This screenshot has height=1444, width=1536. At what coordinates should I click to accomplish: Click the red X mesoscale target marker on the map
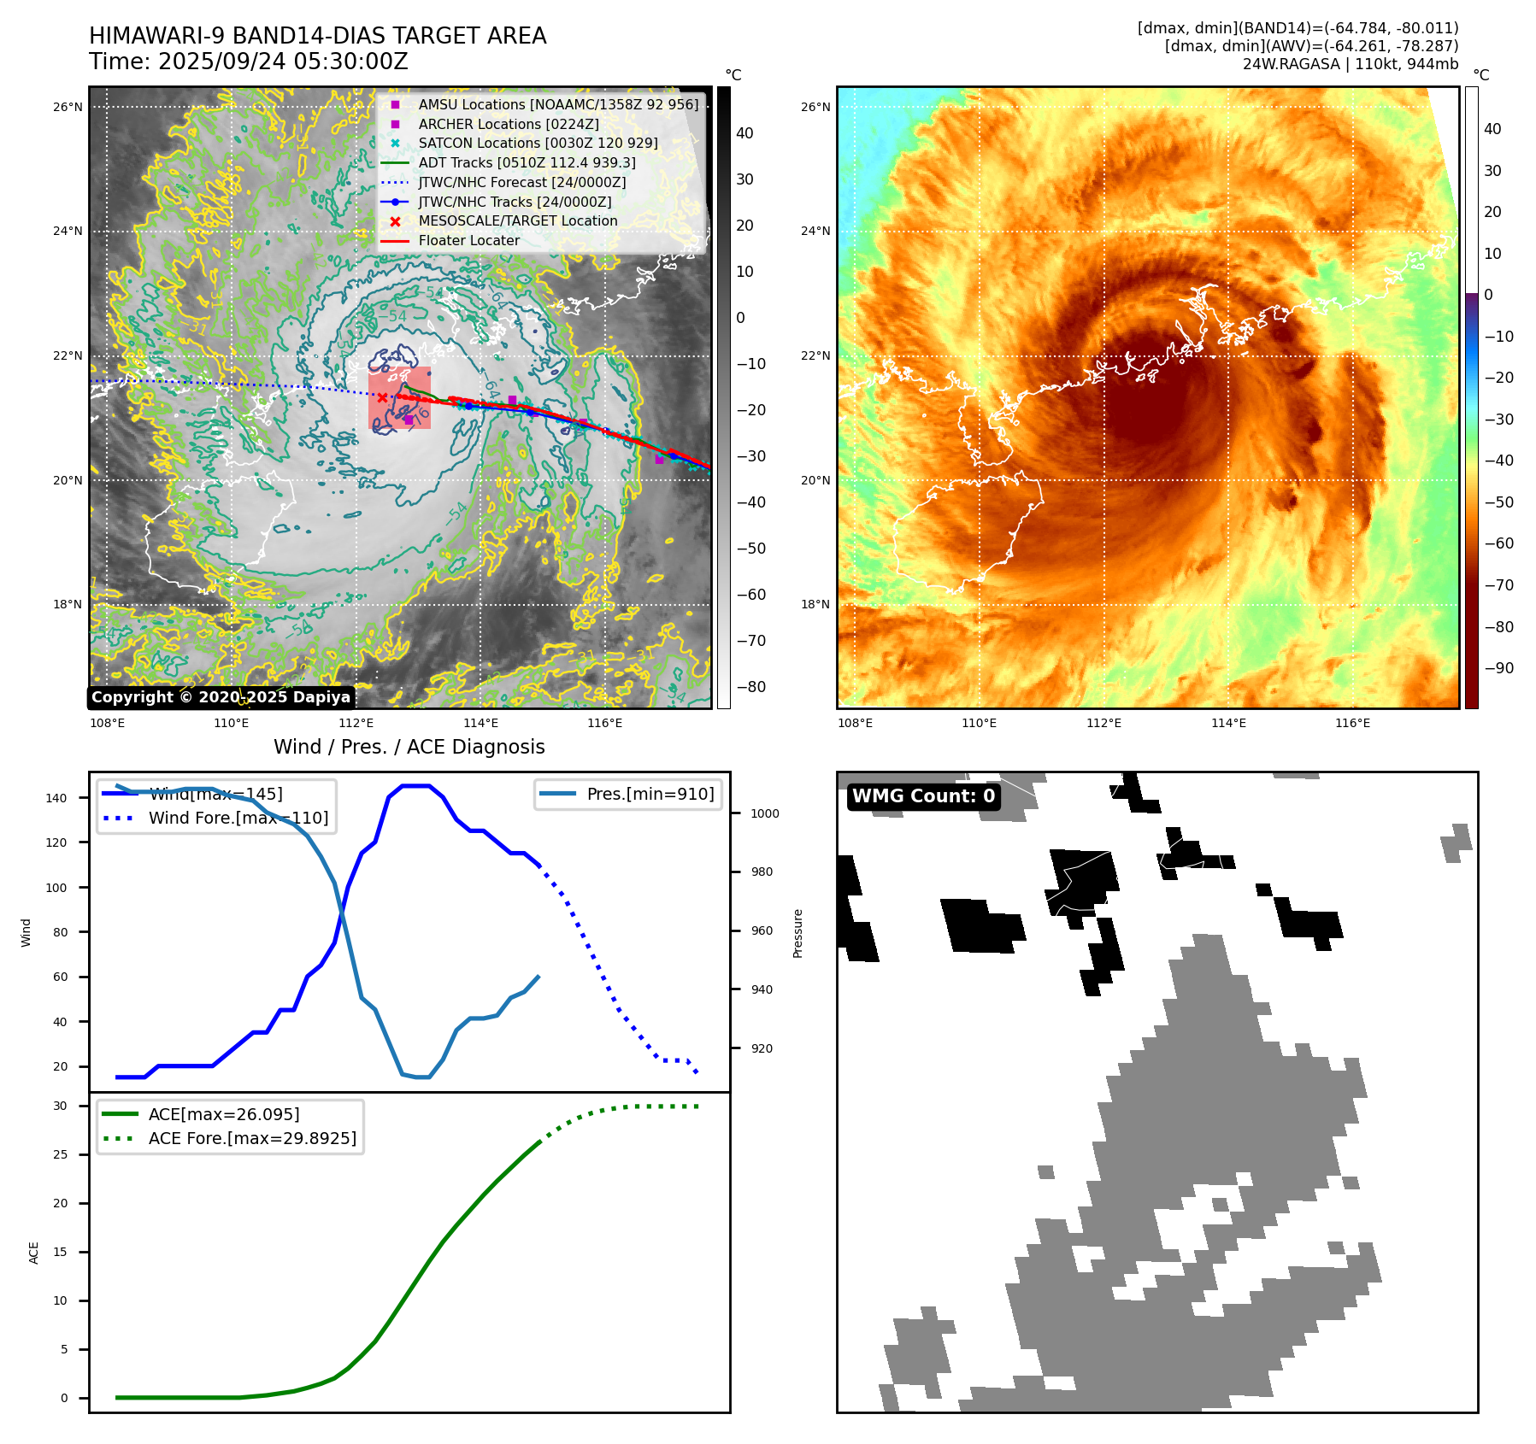382,397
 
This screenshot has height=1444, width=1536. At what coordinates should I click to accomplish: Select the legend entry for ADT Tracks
527,162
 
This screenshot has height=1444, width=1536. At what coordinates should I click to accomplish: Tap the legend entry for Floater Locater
468,240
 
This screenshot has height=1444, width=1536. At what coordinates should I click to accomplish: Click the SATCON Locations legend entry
538,143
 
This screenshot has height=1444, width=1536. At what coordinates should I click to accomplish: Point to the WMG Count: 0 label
923,796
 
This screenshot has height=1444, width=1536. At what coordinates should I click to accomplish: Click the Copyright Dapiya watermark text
221,697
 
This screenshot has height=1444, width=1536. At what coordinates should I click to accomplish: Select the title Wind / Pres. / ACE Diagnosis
409,747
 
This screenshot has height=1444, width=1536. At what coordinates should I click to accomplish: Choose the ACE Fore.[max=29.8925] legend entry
252,1138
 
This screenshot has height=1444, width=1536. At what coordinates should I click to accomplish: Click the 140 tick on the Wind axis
56,798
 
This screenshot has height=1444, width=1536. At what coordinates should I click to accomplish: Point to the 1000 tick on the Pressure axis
765,813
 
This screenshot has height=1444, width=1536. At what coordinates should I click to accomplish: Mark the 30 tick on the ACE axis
60,1106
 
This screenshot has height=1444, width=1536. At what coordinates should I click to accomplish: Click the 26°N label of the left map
68,108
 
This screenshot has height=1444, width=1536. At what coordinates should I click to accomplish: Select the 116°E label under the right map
1352,723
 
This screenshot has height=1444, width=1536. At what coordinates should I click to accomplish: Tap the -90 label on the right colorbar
1498,668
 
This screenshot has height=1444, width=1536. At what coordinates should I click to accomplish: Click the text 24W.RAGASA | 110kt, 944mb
1350,64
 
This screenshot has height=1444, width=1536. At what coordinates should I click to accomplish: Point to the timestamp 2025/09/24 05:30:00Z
283,62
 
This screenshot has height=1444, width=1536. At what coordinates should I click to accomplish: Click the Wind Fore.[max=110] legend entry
238,818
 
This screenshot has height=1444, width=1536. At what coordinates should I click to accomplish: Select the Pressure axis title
797,933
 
